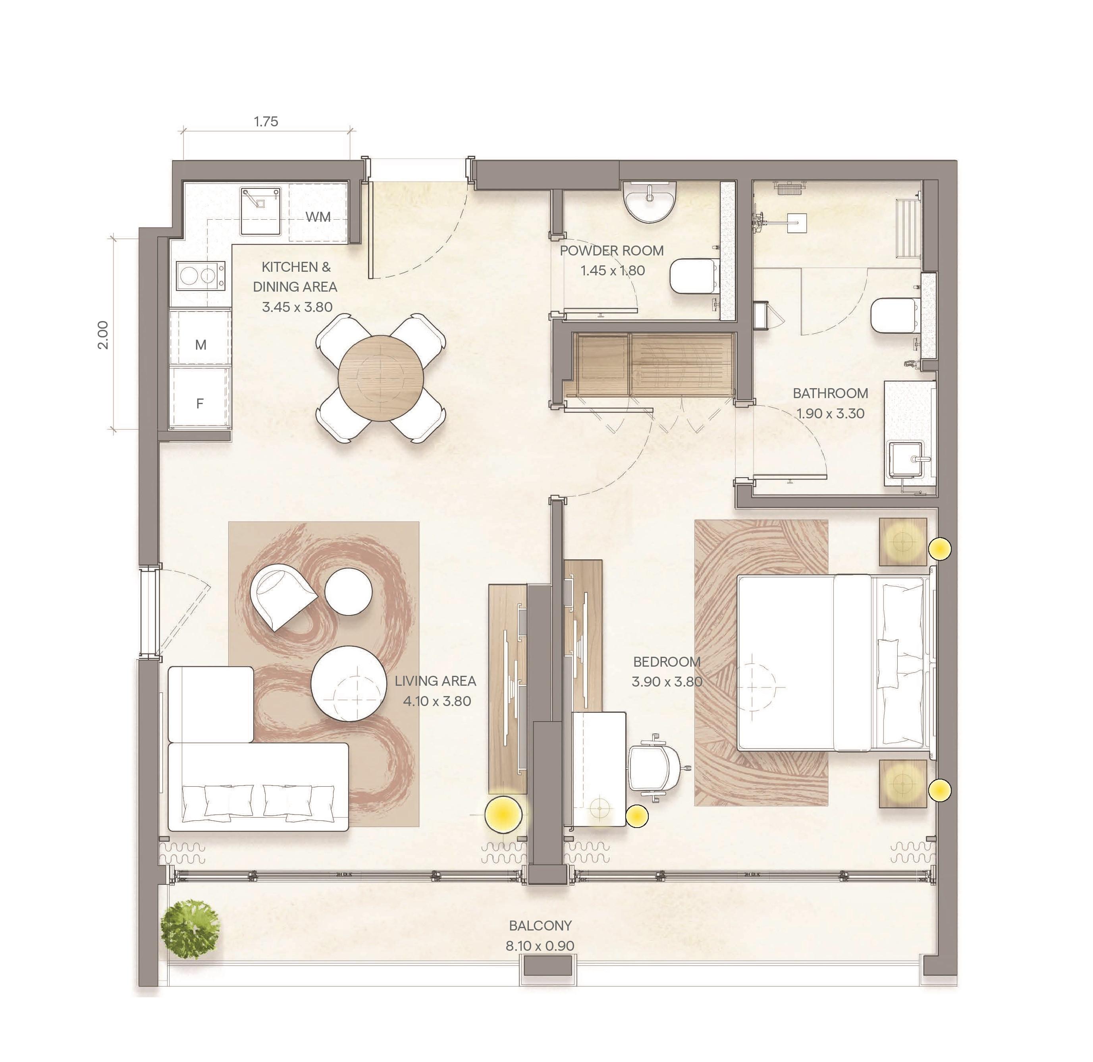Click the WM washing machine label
tap(318, 217)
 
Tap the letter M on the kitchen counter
tap(201, 345)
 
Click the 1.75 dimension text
tap(266, 121)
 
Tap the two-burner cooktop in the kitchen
tap(201, 276)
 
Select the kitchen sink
tap(261, 211)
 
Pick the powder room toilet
tap(693, 276)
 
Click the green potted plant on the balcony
tap(190, 929)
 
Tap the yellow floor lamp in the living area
tap(503, 814)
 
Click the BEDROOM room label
tap(667, 662)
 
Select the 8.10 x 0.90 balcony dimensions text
tap(540, 946)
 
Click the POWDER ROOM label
tap(612, 251)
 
